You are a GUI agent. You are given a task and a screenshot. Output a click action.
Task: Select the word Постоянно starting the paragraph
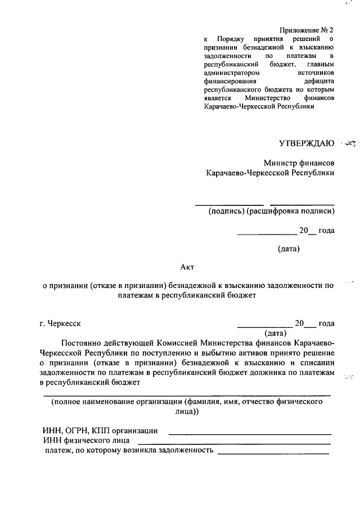[83, 343]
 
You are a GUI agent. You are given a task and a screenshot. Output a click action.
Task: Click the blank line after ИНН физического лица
[234, 443]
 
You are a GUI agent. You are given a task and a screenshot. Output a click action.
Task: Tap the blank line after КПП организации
[250, 434]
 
